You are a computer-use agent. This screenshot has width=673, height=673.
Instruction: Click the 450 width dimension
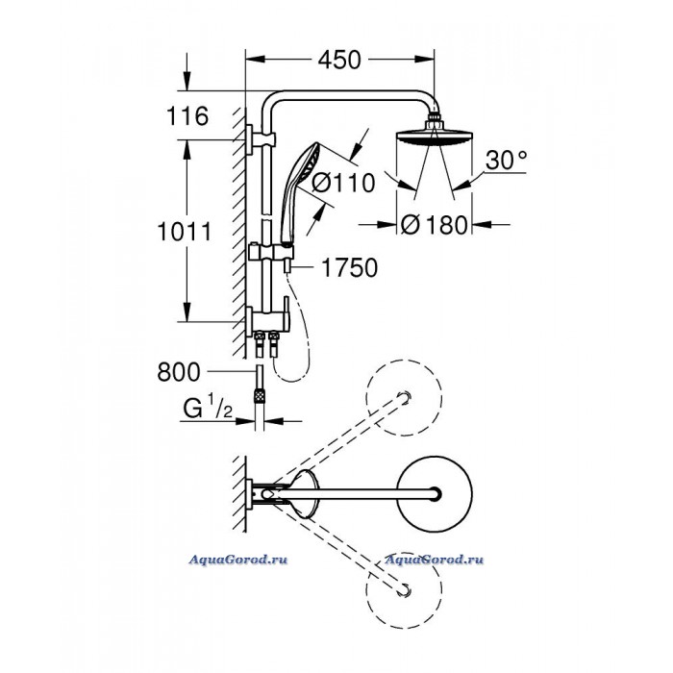tap(339, 60)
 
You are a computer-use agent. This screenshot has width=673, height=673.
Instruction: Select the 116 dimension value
tap(187, 116)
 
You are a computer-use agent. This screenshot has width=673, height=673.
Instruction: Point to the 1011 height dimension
tap(185, 232)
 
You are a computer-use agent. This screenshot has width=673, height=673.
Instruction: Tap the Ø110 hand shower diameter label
tap(343, 184)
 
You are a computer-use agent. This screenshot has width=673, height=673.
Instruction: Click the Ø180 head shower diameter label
tap(434, 225)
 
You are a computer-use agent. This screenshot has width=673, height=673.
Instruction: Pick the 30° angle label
tap(506, 161)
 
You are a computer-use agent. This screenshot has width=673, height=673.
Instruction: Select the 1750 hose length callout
tap(350, 268)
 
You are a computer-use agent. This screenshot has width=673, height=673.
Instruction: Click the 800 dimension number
tap(179, 372)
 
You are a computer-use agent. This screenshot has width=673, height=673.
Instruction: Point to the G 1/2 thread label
tap(208, 408)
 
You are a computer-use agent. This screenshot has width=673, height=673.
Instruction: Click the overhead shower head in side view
tap(434, 133)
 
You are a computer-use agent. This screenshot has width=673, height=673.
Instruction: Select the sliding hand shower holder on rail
tap(271, 252)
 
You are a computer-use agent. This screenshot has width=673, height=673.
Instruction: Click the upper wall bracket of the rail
tap(261, 139)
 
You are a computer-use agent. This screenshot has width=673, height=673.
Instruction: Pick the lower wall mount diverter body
tap(267, 320)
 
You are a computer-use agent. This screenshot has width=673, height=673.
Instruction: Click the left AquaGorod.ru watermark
tap(238, 560)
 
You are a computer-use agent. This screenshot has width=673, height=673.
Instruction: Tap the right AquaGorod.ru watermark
tap(435, 560)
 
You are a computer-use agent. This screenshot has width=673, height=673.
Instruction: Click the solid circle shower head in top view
tap(435, 493)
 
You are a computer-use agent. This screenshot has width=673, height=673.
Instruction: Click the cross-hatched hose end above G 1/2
tap(260, 395)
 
